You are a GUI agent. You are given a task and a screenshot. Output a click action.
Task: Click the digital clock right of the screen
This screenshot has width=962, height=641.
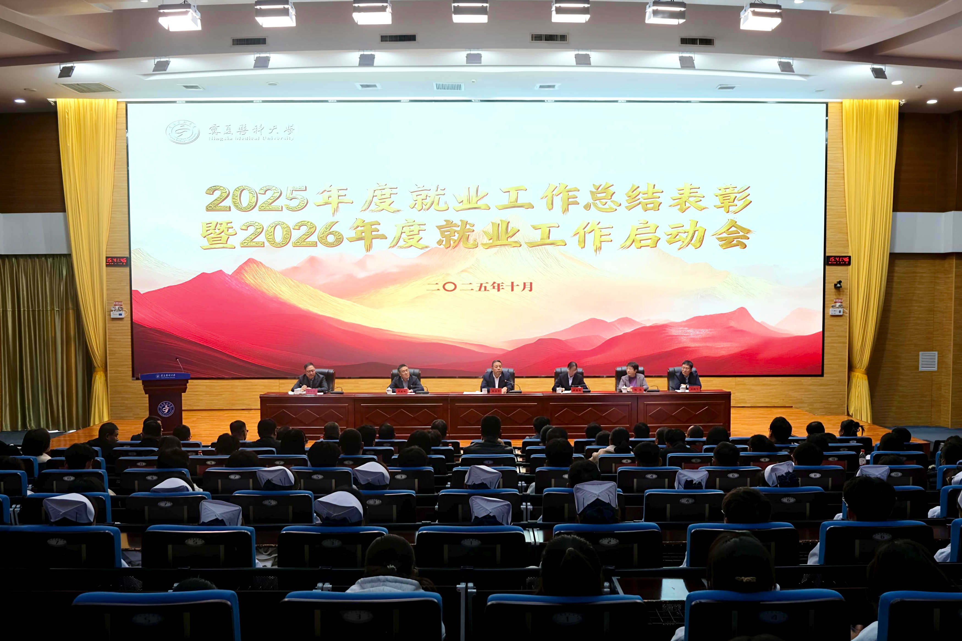839,260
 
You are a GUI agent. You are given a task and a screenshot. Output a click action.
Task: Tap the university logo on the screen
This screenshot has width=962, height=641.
183,132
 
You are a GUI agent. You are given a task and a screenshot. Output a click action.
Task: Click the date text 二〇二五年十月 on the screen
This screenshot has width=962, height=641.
479,287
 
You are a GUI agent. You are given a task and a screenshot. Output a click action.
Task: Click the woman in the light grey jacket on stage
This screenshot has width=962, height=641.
632,378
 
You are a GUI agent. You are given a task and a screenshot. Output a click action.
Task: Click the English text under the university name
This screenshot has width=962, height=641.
251,138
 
